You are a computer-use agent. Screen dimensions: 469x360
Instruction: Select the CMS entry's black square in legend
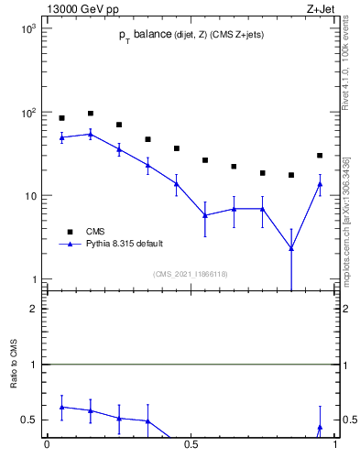pyautogui.click(x=69, y=231)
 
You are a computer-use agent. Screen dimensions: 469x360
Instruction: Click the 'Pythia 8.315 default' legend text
pyautogui.click(x=125, y=244)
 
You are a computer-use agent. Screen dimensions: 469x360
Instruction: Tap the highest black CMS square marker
pyautogui.click(x=91, y=114)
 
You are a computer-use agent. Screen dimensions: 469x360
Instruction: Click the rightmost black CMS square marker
pyautogui.click(x=320, y=156)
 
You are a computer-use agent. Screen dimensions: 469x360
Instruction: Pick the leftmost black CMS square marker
pyautogui.click(x=62, y=118)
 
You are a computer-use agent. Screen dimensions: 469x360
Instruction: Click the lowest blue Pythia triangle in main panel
pyautogui.click(x=291, y=248)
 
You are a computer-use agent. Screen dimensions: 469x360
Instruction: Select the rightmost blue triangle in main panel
pyautogui.click(x=320, y=184)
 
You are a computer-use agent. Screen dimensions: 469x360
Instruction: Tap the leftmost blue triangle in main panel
pyautogui.click(x=62, y=137)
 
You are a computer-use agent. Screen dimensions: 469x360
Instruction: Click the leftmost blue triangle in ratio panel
pyautogui.click(x=62, y=407)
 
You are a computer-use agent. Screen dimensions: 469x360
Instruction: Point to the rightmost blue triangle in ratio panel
pyautogui.click(x=320, y=427)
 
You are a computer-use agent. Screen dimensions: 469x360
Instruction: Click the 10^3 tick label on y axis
pyautogui.click(x=27, y=29)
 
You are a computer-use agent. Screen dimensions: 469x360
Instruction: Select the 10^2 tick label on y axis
pyautogui.click(x=27, y=113)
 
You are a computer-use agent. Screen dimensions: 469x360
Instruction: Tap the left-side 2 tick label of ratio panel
pyautogui.click(x=34, y=309)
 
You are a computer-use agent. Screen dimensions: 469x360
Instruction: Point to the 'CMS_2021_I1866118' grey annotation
pyautogui.click(x=191, y=274)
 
